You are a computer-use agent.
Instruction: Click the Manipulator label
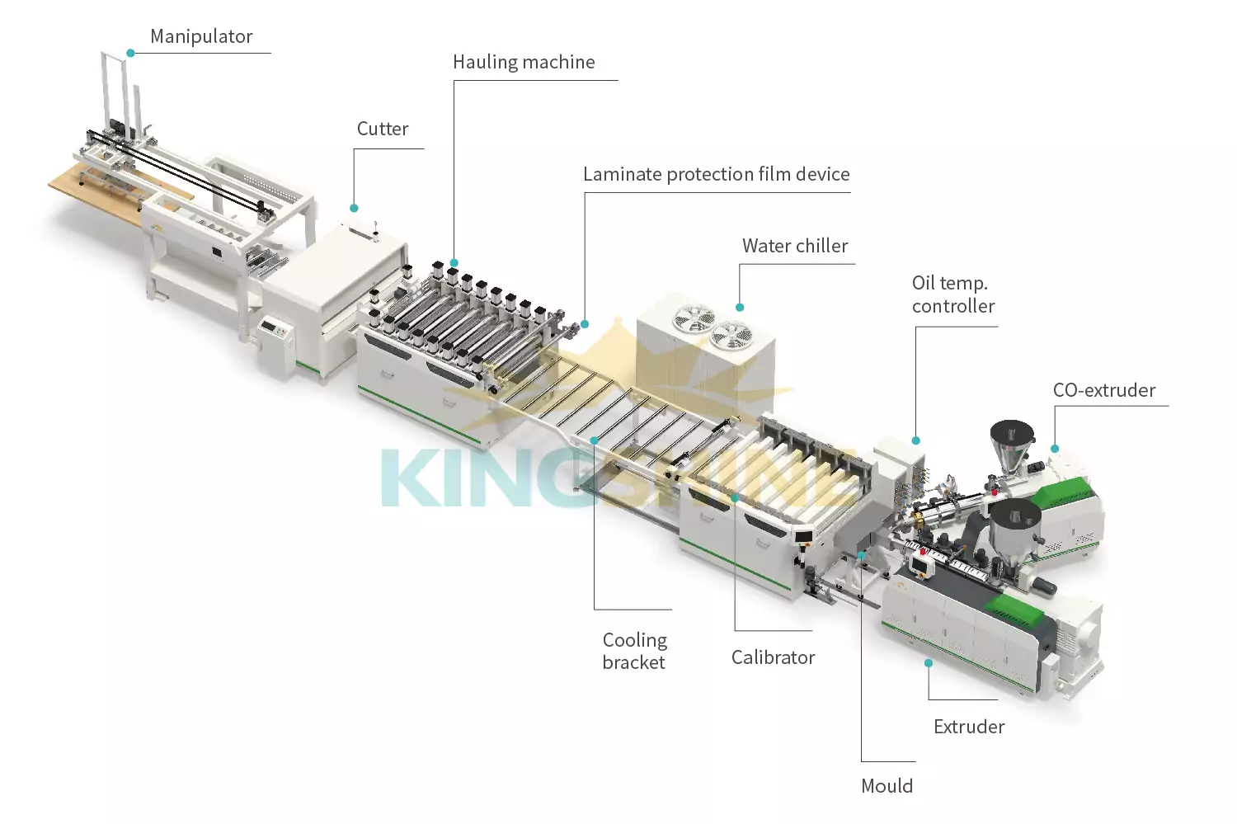[201, 36]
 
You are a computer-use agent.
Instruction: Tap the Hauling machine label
[524, 62]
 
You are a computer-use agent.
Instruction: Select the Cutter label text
[383, 129]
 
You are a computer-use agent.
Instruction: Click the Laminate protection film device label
[716, 174]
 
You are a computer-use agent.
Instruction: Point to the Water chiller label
[795, 246]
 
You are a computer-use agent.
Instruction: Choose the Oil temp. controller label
[953, 294]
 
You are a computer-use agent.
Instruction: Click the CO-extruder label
[1104, 390]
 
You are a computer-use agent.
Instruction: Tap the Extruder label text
[969, 727]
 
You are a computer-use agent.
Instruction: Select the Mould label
[887, 786]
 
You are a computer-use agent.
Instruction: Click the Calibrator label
[773, 657]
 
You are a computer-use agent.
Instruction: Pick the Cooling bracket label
[634, 651]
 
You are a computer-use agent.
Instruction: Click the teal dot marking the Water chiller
[740, 308]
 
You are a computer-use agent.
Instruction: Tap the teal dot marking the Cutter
[355, 208]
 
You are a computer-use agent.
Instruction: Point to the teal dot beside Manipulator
[130, 53]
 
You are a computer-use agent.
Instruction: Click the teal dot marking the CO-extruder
[1055, 449]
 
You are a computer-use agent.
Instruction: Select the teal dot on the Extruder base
[929, 663]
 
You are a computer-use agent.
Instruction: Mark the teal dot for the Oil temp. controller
[916, 440]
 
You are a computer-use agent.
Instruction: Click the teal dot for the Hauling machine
[454, 263]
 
